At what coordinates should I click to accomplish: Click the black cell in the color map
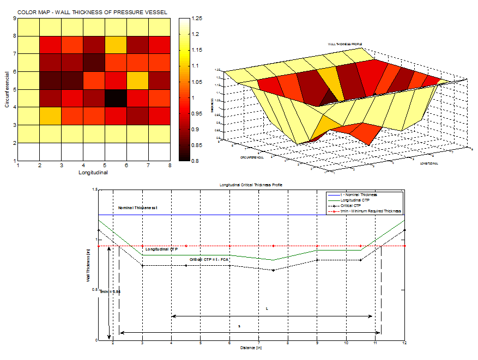116,98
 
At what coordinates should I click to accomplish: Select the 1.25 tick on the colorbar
197,18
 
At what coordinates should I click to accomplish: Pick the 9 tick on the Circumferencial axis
15,18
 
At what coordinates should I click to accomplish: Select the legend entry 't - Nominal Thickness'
355,194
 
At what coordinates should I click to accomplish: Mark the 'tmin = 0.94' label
110,292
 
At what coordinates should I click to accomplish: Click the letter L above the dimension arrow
267,308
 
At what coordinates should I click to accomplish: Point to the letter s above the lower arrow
239,326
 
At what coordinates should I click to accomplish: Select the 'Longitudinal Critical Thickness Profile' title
251,185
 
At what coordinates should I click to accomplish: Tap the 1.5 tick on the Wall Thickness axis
94,190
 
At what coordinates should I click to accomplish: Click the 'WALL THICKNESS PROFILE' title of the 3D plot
344,44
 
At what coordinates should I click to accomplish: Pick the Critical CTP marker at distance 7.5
273,270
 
